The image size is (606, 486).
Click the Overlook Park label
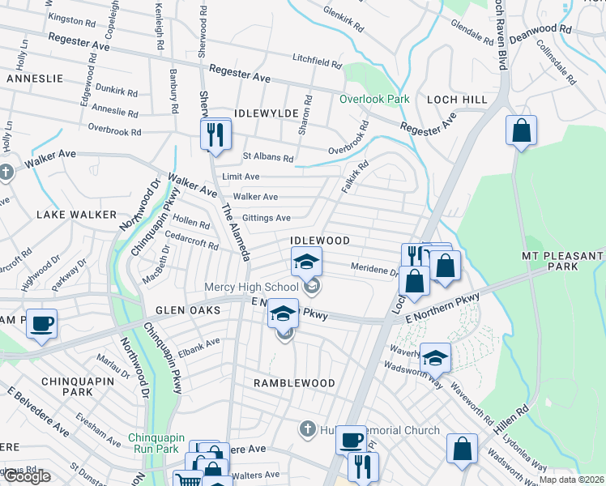pyautogui.click(x=375, y=99)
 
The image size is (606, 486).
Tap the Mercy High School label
pyautogui.click(x=251, y=287)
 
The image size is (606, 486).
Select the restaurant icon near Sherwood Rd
pyautogui.click(x=216, y=134)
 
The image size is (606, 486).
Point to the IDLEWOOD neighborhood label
pyautogui.click(x=321, y=241)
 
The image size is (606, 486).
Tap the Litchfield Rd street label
pyautogui.click(x=318, y=62)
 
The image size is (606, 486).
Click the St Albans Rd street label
pyautogui.click(x=268, y=158)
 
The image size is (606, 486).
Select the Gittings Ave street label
pyautogui.click(x=267, y=218)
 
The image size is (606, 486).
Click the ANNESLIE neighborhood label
pyautogui.click(x=35, y=79)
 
